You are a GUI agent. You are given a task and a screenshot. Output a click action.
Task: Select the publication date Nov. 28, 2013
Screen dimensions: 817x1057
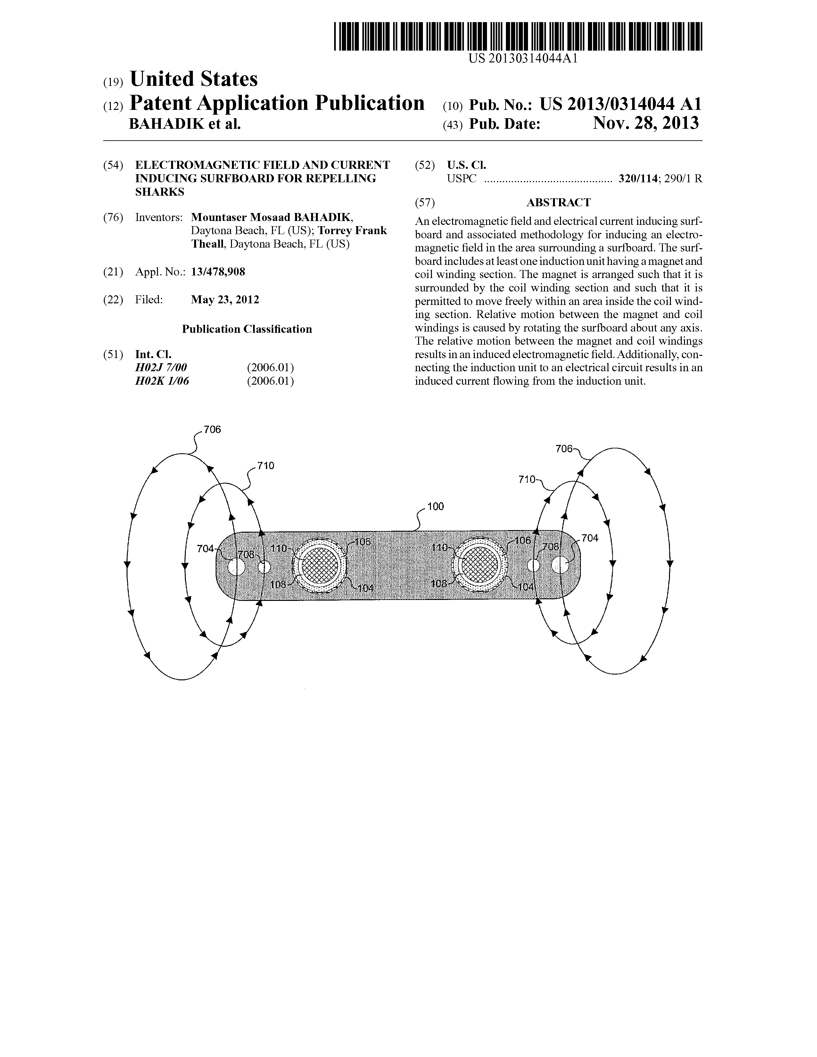[646, 123]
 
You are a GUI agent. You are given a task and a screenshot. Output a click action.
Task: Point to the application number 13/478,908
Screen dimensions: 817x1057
[218, 272]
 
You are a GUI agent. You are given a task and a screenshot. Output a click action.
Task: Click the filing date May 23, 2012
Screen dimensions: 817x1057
[225, 299]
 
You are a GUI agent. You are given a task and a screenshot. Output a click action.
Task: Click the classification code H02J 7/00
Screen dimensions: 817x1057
[161, 367]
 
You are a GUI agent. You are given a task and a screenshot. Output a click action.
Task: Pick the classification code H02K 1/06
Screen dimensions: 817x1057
[162, 381]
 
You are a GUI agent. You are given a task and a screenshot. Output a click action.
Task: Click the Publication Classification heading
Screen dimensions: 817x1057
[247, 329]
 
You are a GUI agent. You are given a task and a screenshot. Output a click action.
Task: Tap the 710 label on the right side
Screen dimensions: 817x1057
[527, 479]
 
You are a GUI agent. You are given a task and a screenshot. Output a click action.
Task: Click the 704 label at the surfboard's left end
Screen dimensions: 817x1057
[206, 549]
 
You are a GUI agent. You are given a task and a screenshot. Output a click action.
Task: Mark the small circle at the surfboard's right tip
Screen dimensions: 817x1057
[560, 565]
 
